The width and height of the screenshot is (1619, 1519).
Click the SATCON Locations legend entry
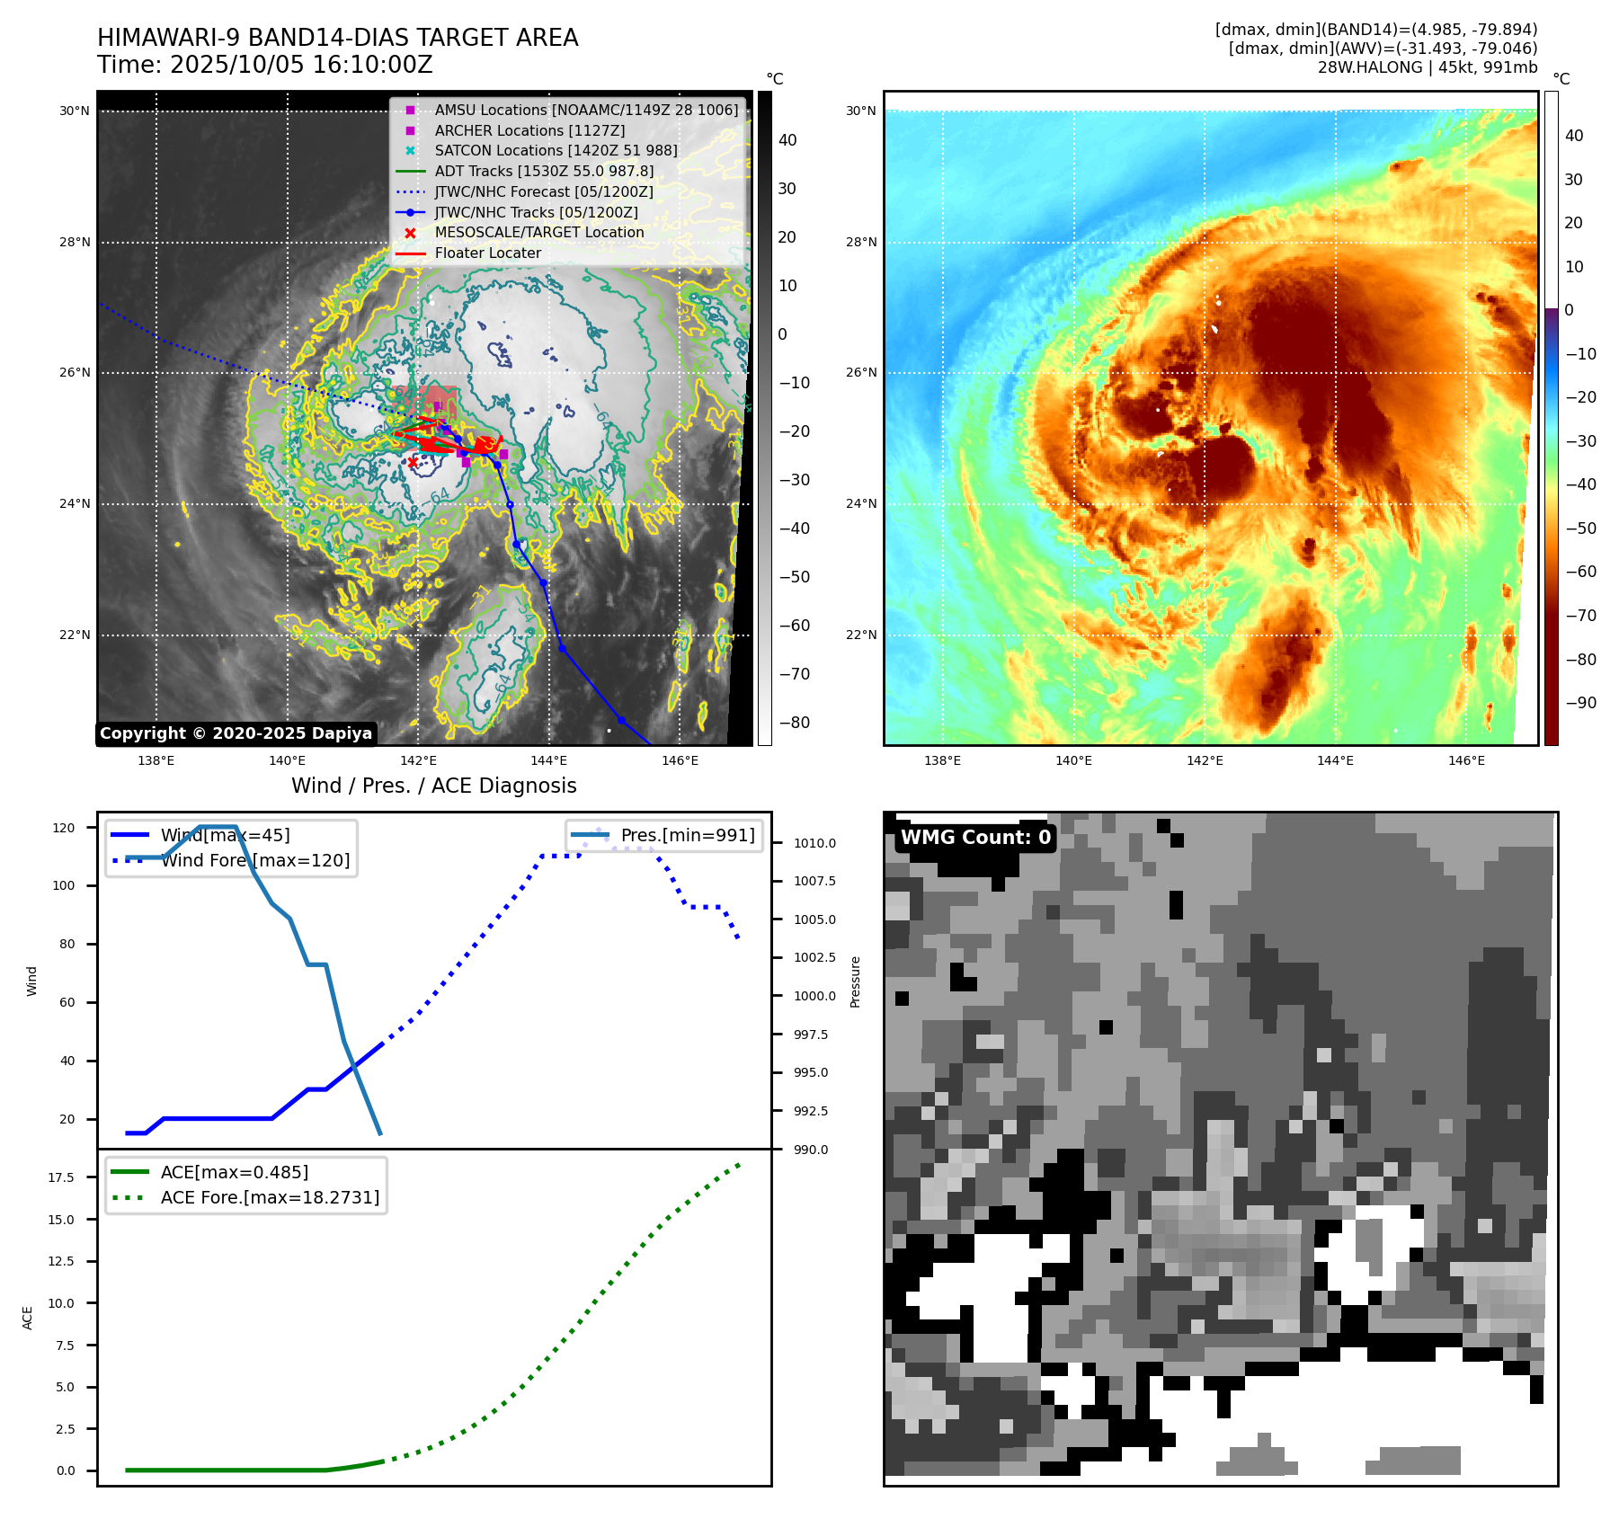(556, 151)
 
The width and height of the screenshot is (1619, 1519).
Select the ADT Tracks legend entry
(544, 171)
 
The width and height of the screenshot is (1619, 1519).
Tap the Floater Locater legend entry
(487, 253)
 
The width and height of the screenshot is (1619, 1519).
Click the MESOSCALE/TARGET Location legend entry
(538, 233)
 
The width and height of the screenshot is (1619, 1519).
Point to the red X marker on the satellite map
(413, 462)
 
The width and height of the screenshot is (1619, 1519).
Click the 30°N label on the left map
(75, 111)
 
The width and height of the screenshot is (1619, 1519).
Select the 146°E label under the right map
(1466, 760)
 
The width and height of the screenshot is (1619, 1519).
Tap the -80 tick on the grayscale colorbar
(795, 723)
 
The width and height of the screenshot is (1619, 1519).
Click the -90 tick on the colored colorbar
(1580, 703)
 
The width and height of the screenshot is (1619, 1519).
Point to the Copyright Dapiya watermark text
(236, 733)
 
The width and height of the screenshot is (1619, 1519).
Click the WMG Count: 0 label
(975, 838)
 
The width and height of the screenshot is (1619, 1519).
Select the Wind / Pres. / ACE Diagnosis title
(433, 786)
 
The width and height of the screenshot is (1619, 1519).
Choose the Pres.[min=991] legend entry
(687, 836)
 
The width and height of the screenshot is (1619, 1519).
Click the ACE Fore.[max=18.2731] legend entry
(270, 1198)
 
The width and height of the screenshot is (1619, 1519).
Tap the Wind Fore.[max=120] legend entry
(255, 861)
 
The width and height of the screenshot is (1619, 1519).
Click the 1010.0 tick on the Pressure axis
(814, 843)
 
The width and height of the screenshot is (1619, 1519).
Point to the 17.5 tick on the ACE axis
(61, 1177)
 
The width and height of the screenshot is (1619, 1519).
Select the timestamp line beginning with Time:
(265, 66)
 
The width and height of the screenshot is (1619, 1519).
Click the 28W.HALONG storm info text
(1427, 67)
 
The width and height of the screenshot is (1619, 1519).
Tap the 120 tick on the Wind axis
(64, 828)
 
